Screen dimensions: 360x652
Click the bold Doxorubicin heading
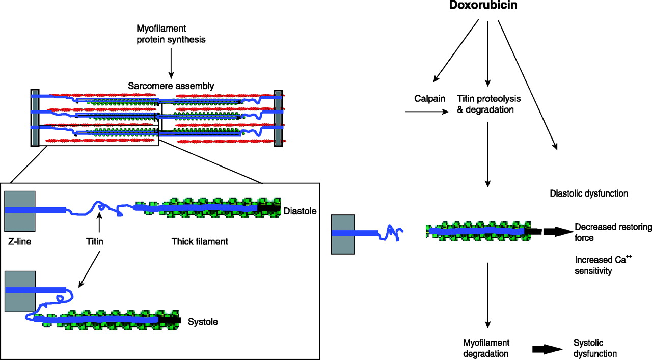coord(487,7)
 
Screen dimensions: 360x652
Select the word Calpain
coord(429,98)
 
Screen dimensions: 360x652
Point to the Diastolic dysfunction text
coord(589,193)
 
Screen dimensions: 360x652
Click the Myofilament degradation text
coord(486,348)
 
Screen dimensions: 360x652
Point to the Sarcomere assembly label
coord(171,86)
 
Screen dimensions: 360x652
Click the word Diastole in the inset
coord(301,210)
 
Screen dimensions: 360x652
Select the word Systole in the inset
coord(203,322)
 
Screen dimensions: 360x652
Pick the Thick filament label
coord(200,242)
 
